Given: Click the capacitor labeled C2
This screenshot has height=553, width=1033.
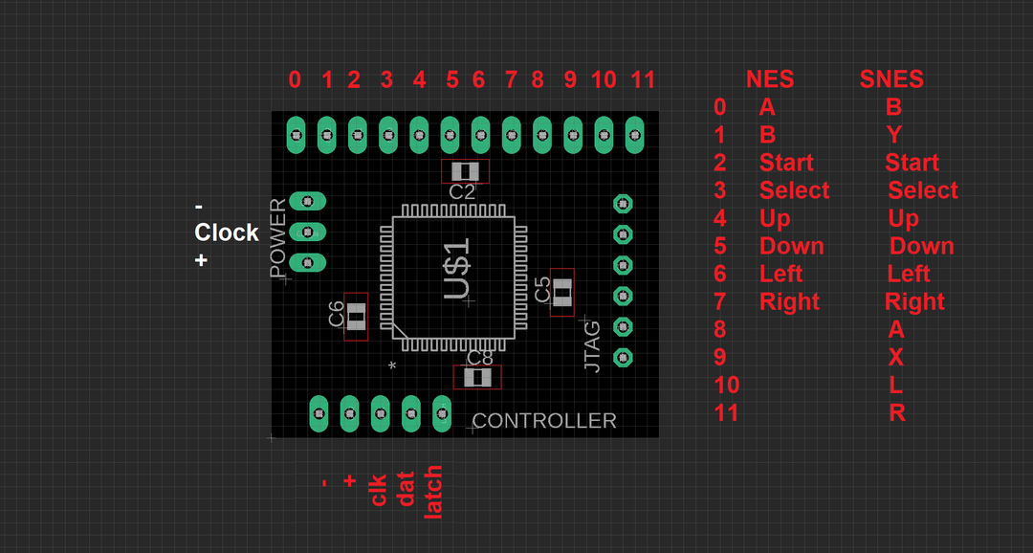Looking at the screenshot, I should (465, 171).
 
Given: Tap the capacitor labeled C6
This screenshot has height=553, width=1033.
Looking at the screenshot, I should (356, 317).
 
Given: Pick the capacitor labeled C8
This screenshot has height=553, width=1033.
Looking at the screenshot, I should (476, 377).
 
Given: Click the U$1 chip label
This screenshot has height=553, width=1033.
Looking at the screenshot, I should (458, 271).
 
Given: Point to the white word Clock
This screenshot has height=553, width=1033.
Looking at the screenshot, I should (227, 232).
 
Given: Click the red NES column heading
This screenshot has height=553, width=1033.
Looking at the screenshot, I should (770, 79).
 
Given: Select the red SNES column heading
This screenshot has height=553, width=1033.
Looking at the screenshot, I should (891, 79).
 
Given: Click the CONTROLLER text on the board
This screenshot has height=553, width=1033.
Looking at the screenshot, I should (544, 421).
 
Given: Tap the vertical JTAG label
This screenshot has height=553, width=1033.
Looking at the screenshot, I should (593, 346).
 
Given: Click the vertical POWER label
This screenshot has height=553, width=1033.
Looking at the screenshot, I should (278, 238).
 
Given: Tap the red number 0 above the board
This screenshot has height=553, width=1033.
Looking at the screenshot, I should (295, 79).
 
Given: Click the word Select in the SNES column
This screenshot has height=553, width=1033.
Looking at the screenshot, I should (922, 190).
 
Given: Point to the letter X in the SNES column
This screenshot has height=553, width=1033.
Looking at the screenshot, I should (896, 357).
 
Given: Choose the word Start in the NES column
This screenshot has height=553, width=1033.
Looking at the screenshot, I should (786, 163).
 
